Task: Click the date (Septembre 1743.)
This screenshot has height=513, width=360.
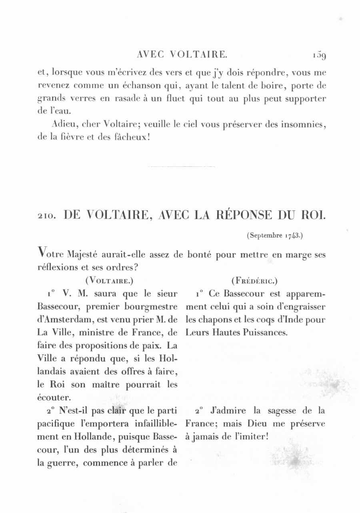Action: pos(274,236)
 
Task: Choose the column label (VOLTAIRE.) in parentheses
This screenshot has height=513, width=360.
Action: pos(109,280)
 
